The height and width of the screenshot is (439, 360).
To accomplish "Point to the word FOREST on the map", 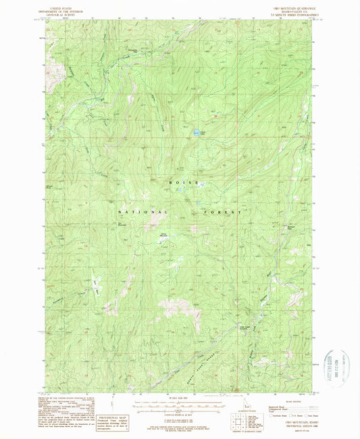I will [221, 211].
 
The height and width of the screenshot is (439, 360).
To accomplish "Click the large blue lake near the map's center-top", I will [195, 133].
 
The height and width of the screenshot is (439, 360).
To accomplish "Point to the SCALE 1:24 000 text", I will [179, 397].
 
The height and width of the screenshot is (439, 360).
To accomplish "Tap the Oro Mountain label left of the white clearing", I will [123, 225].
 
